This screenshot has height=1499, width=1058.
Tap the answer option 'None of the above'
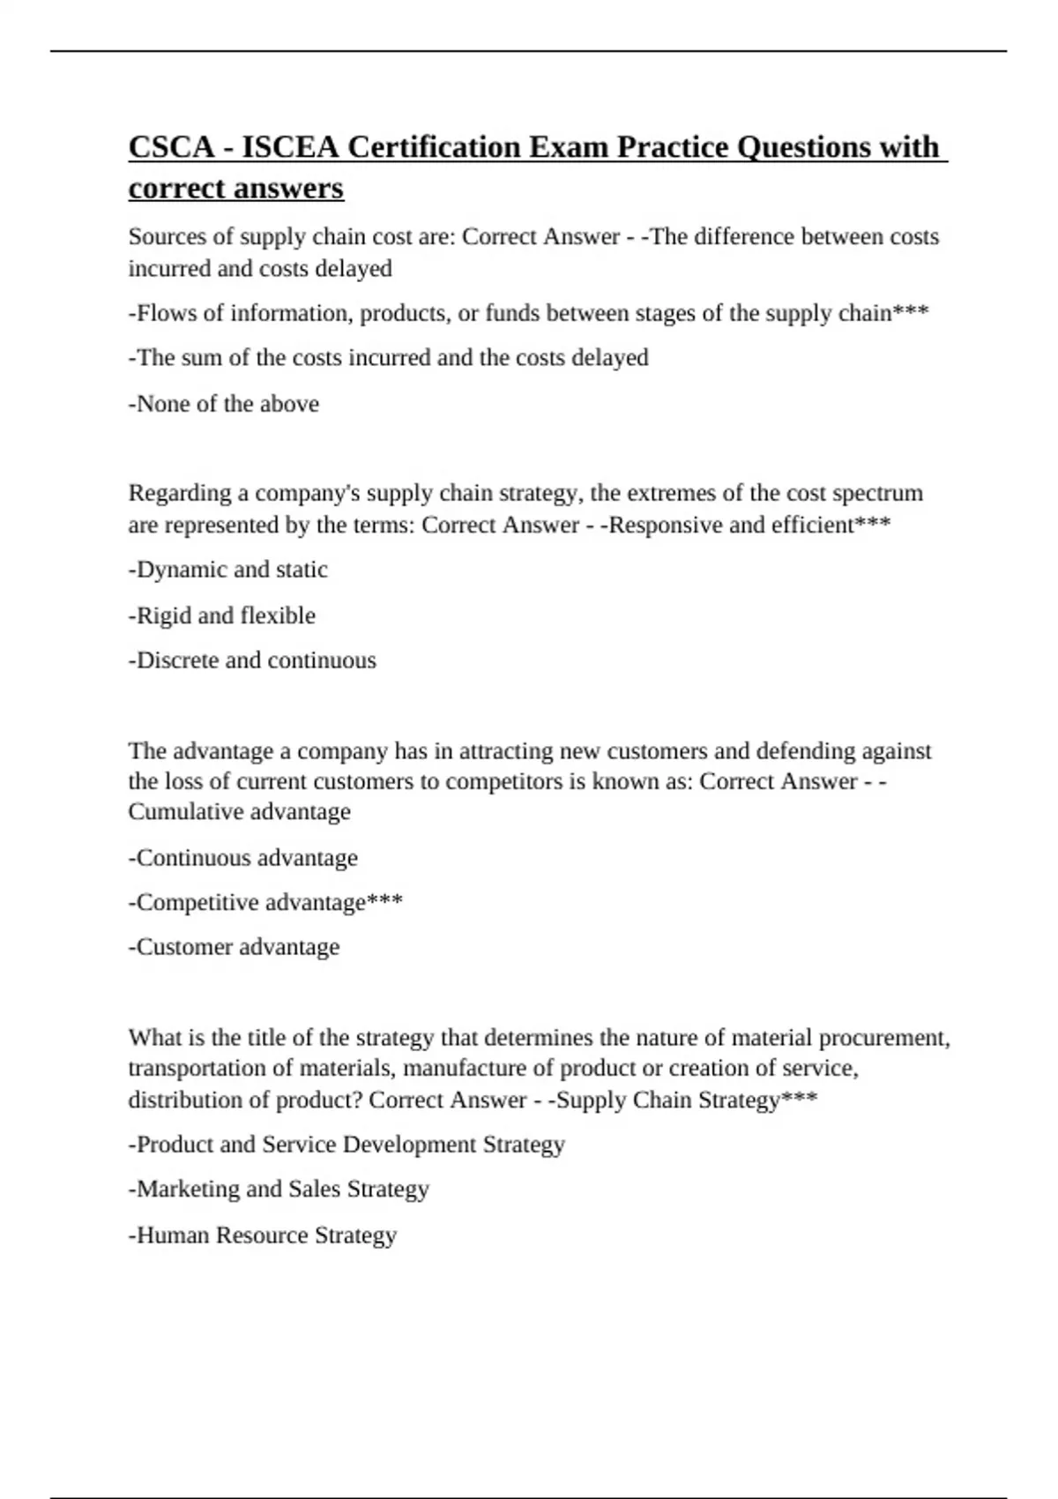tap(224, 404)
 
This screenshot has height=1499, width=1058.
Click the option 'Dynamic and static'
tap(228, 570)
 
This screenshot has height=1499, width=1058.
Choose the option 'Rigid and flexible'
tap(222, 615)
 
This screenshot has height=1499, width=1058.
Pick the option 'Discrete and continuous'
tap(252, 660)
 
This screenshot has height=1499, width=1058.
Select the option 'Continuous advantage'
tap(243, 858)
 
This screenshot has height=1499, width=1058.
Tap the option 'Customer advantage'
tap(235, 947)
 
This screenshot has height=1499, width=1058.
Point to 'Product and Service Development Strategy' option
tap(346, 1145)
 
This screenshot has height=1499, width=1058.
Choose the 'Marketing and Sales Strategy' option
tap(279, 1190)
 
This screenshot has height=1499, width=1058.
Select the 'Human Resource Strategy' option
tap(263, 1235)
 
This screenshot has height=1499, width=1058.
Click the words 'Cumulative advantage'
tap(239, 812)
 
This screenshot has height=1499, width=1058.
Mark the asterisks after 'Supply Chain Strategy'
tap(800, 1100)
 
